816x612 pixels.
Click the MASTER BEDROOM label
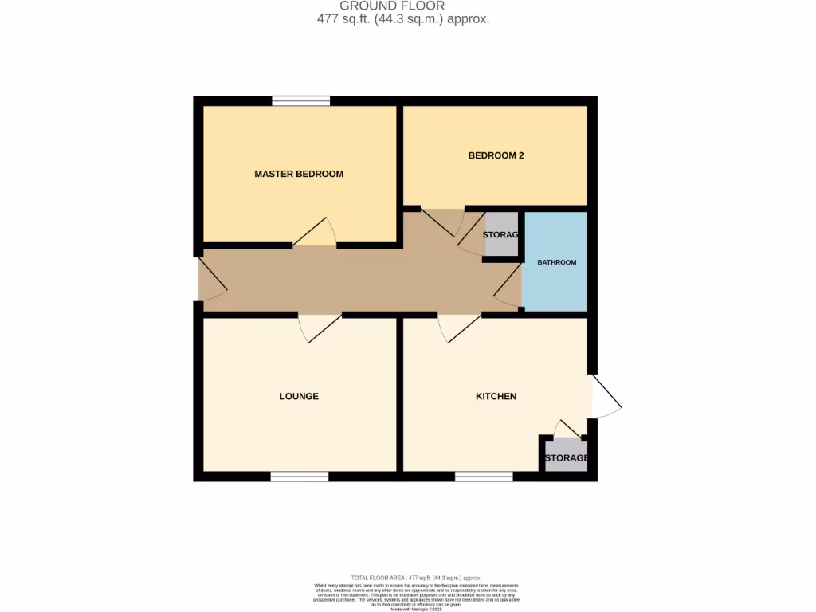click(x=299, y=174)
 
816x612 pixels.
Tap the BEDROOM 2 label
click(x=495, y=155)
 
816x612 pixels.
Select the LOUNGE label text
click(x=299, y=396)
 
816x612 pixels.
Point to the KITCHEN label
click(x=496, y=396)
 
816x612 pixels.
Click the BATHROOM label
click(x=555, y=262)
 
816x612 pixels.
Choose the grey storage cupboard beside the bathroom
click(x=500, y=235)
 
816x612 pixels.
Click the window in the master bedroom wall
click(x=300, y=100)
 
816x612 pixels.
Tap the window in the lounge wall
click(x=299, y=477)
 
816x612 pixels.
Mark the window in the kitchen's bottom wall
click(x=484, y=477)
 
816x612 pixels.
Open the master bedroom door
click(x=315, y=233)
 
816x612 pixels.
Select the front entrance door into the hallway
click(x=211, y=280)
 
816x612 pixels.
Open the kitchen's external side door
click(x=606, y=396)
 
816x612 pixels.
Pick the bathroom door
click(x=507, y=287)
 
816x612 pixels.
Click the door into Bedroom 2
click(x=442, y=222)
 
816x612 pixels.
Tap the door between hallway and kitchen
click(x=458, y=328)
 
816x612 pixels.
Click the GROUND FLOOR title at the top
click(x=403, y=6)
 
